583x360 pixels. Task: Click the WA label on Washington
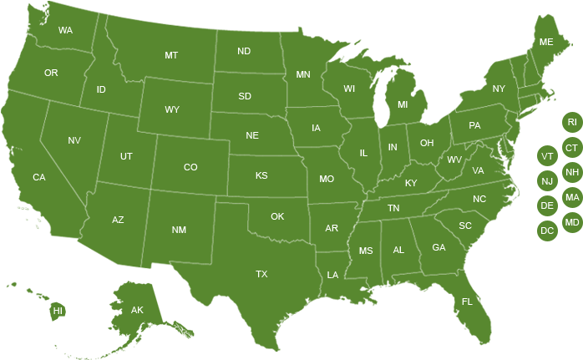click(x=65, y=31)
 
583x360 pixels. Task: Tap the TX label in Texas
click(x=261, y=274)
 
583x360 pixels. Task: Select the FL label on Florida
click(x=467, y=302)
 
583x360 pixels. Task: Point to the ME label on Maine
click(x=546, y=42)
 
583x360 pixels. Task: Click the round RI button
click(x=572, y=122)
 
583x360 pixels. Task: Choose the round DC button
click(x=547, y=231)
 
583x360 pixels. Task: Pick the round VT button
click(x=547, y=156)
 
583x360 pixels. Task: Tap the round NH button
click(x=572, y=173)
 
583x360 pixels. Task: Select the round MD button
click(x=572, y=222)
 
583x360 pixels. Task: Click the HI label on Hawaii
click(x=58, y=311)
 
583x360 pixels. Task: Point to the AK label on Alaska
click(x=137, y=311)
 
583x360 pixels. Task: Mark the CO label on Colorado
click(x=190, y=167)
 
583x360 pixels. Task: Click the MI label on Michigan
click(x=403, y=105)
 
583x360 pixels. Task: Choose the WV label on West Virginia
click(x=454, y=160)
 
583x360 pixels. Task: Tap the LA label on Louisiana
click(x=332, y=275)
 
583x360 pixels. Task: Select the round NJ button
click(x=547, y=181)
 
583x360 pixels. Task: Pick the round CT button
click(x=572, y=148)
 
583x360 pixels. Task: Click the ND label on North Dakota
click(x=244, y=51)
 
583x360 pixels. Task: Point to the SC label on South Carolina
click(x=465, y=226)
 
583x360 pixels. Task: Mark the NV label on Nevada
click(x=74, y=140)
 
